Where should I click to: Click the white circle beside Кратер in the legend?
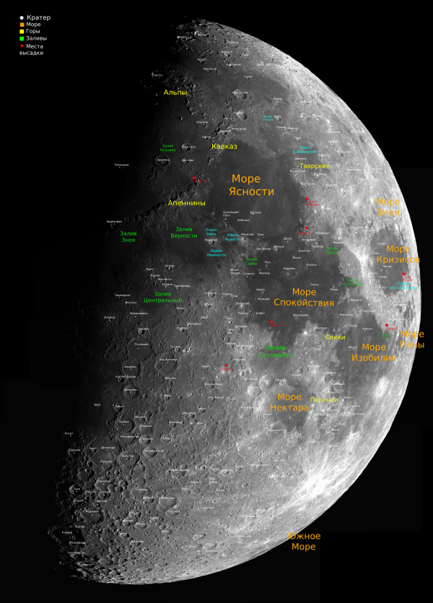[22, 17]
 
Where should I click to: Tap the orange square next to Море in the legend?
[22, 24]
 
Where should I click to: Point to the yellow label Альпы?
[175, 92]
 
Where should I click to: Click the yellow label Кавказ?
[224, 146]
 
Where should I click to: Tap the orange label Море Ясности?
[252, 185]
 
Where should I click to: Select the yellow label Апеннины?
[186, 203]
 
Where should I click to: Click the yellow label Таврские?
[315, 166]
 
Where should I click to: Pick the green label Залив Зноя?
[128, 236]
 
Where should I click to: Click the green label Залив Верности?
[184, 232]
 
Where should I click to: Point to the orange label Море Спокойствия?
[304, 298]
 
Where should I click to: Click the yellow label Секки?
[336, 337]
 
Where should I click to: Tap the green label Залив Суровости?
[276, 351]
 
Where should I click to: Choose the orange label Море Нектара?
[289, 402]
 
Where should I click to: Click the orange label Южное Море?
[303, 542]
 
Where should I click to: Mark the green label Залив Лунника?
[167, 148]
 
